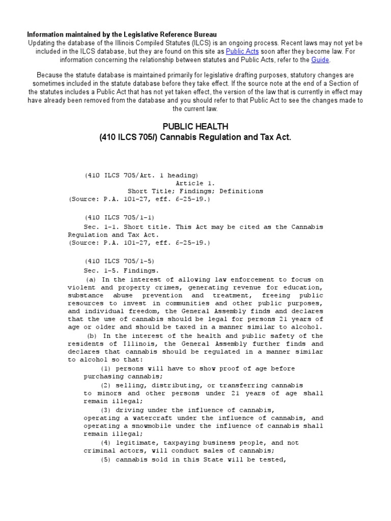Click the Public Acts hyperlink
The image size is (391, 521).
pos(242,51)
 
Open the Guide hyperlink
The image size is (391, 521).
pos(320,60)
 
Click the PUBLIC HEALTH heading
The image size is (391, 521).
pos(195,126)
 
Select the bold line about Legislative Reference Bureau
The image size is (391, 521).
pos(122,34)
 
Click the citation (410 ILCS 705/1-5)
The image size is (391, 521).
pos(115,260)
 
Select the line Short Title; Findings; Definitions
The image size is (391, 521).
pos(195,191)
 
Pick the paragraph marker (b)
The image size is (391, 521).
pos(92,336)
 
